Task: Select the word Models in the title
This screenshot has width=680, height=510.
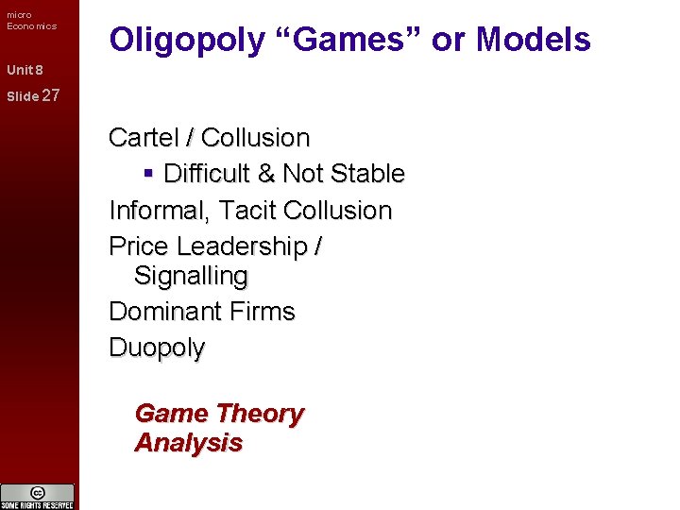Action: (534, 40)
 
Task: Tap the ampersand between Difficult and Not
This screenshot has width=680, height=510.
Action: (265, 174)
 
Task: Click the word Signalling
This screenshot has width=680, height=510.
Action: (191, 277)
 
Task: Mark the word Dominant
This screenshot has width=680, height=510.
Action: (161, 312)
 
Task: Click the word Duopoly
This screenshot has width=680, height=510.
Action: (157, 348)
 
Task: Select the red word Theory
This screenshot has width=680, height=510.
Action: (260, 414)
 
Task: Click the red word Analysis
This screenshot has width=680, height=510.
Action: (188, 443)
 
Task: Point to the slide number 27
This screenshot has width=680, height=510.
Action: (51, 94)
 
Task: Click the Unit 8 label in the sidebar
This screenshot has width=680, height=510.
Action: (25, 70)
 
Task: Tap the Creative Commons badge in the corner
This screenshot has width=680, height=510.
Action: (38, 496)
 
